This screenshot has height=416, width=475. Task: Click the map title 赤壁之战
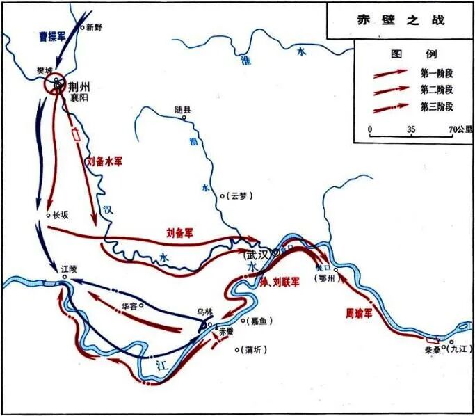pyautogui.click(x=396, y=19)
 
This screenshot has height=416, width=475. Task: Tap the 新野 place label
pyautogui.click(x=94, y=27)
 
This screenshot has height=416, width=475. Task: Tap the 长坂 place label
pyautogui.click(x=61, y=216)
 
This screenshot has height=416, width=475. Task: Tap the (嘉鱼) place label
pyautogui.click(x=256, y=321)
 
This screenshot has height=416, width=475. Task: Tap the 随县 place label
pyautogui.click(x=182, y=109)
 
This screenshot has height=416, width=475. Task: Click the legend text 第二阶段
pyautogui.click(x=436, y=89)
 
